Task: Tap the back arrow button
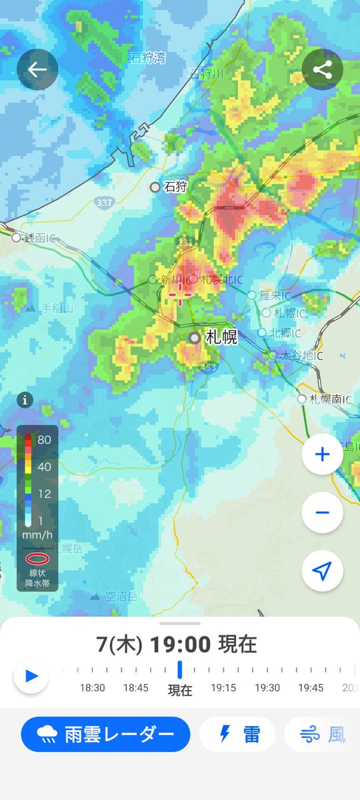point(37,69)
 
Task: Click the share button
point(322,69)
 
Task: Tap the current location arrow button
point(322,571)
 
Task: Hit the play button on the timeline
point(31,676)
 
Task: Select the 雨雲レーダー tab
point(105,735)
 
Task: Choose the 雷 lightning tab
point(237,735)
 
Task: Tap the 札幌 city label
point(221,337)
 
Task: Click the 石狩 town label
point(175,187)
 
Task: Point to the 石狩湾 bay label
point(147,58)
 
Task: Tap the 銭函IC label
point(40,238)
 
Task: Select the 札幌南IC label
point(327,399)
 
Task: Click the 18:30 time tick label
point(93,688)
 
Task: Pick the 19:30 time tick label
point(267,688)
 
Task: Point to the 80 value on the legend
point(45,440)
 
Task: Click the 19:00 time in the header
point(180,645)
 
